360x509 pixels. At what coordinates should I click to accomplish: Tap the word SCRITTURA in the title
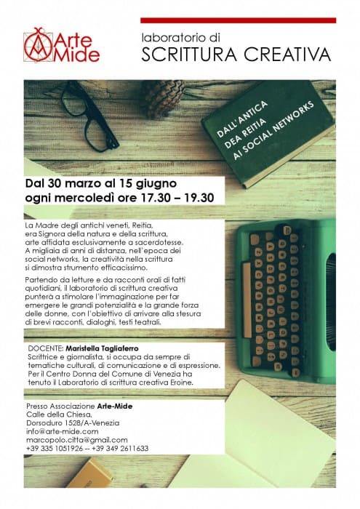189,55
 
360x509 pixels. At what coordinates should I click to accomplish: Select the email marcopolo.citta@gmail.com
76,440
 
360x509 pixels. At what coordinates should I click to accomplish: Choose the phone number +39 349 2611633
121,449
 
